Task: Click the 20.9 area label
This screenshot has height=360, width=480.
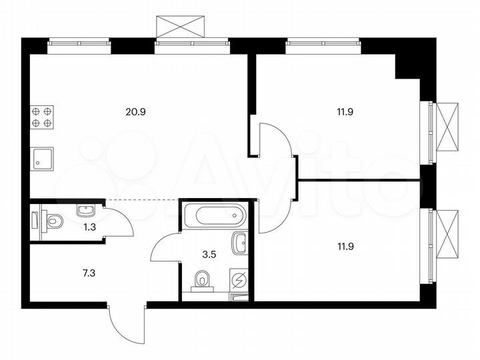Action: point(135,112)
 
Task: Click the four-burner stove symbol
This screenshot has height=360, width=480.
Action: point(41,117)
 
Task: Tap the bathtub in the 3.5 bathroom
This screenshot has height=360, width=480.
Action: point(214,216)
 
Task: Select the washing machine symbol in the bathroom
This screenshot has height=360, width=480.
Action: point(239,279)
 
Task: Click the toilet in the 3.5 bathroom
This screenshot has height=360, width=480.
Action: point(201,282)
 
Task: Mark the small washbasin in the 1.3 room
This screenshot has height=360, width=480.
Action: point(85,211)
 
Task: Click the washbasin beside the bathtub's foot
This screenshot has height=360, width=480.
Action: point(239,244)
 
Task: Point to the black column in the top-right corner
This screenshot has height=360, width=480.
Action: point(408,64)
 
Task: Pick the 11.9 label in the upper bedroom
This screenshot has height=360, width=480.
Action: point(344,112)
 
